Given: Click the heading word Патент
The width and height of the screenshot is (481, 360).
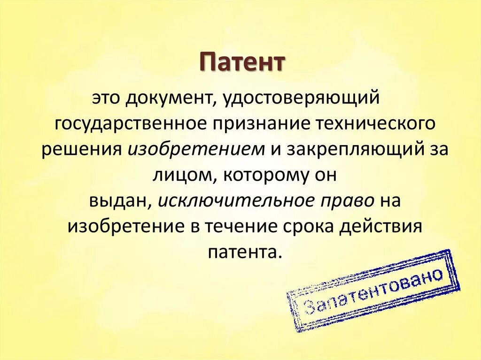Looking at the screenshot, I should (x=243, y=62).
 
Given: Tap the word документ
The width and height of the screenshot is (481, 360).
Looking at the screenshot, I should (x=165, y=99).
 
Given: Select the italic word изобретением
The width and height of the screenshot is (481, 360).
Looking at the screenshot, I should (x=196, y=149).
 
